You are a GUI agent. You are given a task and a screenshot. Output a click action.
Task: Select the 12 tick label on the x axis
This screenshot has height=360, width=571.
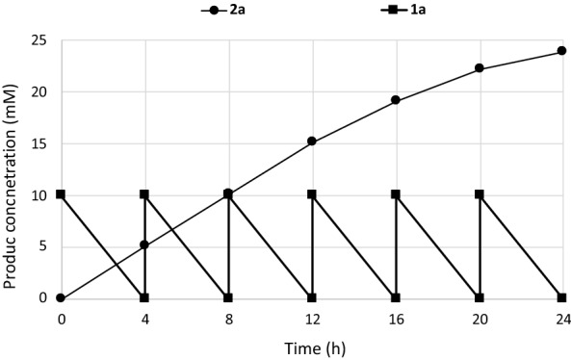click(x=311, y=317)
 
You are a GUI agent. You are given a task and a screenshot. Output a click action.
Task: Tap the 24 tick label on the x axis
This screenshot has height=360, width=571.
click(x=562, y=317)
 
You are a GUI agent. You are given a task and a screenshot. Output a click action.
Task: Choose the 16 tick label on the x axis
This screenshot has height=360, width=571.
click(x=395, y=317)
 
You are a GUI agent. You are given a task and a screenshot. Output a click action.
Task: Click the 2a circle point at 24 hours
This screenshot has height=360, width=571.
click(x=562, y=51)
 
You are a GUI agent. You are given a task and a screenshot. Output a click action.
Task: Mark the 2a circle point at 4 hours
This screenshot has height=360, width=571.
click(x=144, y=244)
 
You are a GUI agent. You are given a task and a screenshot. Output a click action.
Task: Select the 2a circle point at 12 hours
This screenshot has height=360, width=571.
click(x=311, y=141)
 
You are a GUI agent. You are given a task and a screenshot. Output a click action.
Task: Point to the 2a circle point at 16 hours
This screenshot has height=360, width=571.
click(x=395, y=100)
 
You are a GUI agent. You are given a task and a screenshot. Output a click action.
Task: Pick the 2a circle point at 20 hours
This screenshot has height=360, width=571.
click(x=479, y=68)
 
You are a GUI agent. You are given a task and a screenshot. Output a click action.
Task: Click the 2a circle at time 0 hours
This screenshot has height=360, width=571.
click(x=61, y=298)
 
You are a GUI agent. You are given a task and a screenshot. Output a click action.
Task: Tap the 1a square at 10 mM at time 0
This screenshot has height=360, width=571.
click(x=61, y=194)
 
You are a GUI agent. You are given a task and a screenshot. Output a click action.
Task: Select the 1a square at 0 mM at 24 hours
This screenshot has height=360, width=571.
click(x=562, y=298)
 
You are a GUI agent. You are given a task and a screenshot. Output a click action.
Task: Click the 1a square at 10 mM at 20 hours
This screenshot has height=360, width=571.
click(x=479, y=194)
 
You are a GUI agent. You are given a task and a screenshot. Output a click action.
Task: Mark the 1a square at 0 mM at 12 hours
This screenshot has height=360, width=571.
click(x=311, y=298)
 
